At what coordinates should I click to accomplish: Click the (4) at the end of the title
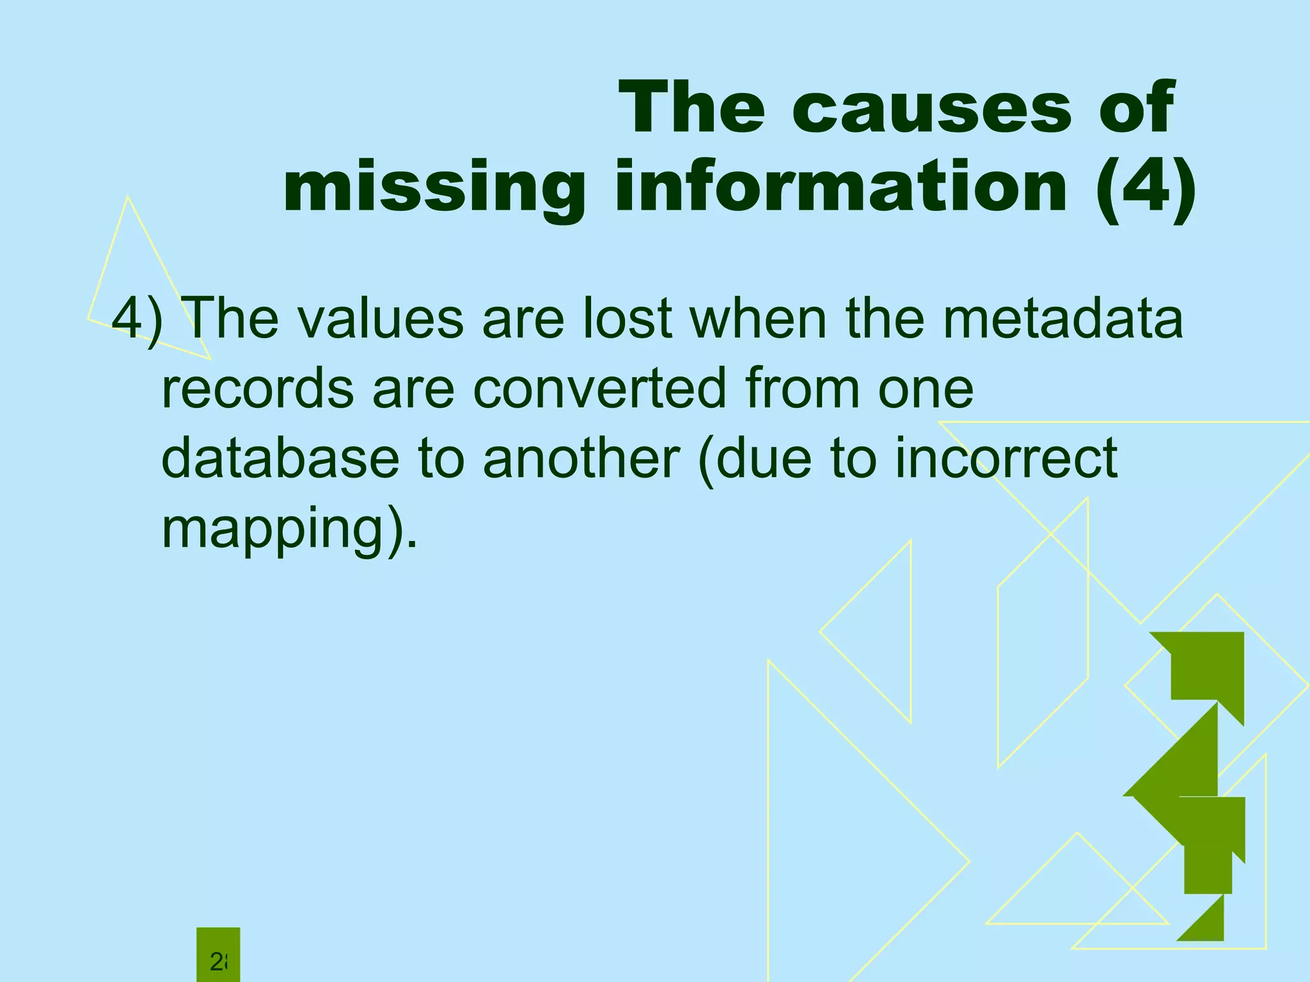pyautogui.click(x=1145, y=189)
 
